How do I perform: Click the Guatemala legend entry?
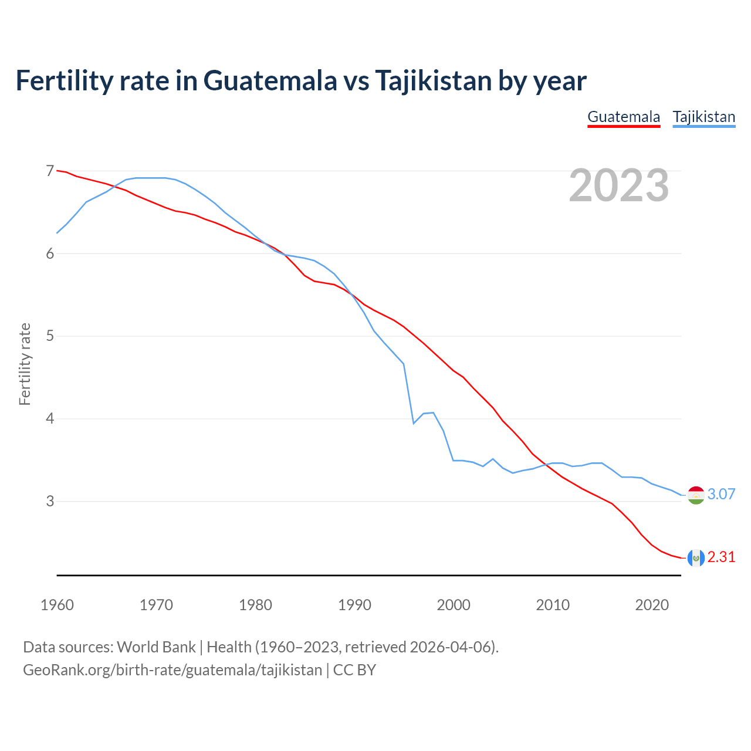pos(624,117)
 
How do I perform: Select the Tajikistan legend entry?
pos(703,117)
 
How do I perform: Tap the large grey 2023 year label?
pos(618,185)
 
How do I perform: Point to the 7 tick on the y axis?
pos(50,171)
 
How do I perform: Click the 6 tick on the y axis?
pos(50,253)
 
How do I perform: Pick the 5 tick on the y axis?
pos(50,336)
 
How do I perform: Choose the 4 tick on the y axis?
pos(50,419)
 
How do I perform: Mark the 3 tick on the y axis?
pos(50,502)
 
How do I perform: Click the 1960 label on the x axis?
pos(57,605)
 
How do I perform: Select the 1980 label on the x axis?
pos(255,605)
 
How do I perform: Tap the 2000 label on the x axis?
pos(454,605)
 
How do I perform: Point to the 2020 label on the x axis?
pos(652,605)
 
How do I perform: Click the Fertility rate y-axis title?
pos(25,364)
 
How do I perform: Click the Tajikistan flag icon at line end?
pos(695,495)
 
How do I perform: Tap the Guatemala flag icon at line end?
pos(695,558)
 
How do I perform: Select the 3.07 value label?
pos(721,495)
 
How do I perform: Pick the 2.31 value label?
pos(721,557)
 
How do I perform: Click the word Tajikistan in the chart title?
pos(433,80)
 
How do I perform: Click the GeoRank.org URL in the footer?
pos(172,670)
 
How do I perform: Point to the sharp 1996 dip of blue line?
pos(414,423)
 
